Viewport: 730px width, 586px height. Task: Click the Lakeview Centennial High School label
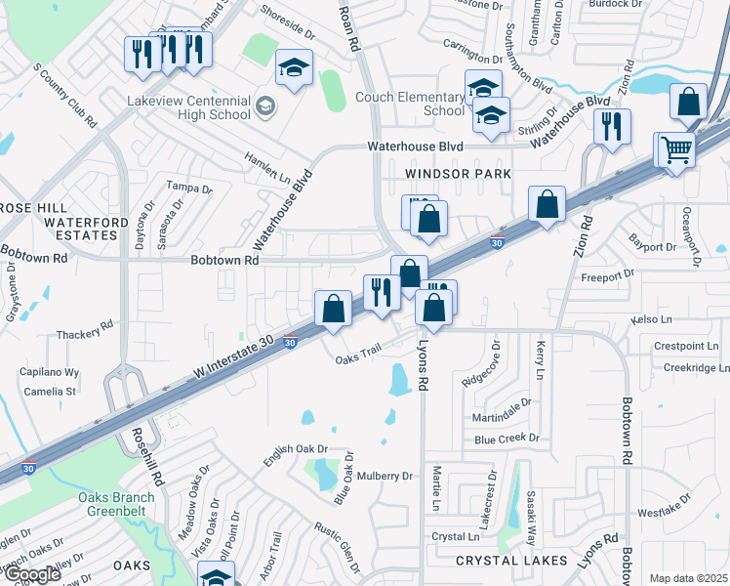pos(188,106)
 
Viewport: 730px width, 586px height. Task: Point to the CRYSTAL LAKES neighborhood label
pos(511,561)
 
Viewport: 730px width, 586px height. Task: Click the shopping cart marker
pos(674,149)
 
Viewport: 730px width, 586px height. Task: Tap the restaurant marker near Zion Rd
pos(612,126)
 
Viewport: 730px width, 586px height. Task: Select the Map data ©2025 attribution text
pos(688,578)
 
